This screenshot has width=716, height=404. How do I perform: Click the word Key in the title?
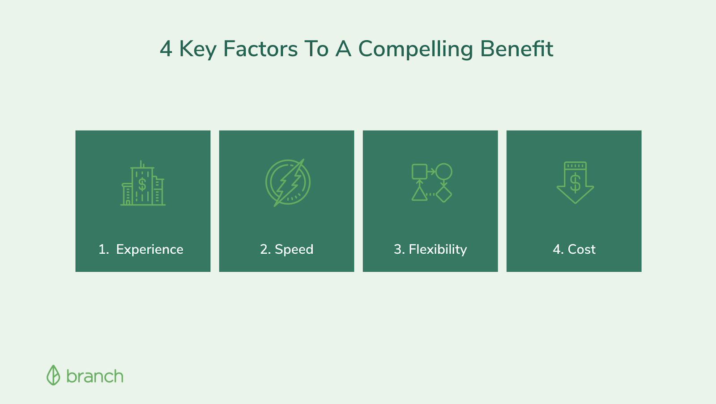[198, 50]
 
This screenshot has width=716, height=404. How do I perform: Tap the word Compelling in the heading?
[415, 50]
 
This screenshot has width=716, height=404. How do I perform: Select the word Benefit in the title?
[516, 49]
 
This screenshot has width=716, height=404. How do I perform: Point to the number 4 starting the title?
[166, 49]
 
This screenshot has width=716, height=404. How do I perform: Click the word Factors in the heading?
[260, 49]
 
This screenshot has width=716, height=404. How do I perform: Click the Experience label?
[149, 249]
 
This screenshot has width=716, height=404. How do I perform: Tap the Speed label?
[294, 249]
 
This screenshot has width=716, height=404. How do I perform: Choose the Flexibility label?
[438, 249]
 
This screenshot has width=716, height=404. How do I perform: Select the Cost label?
[581, 249]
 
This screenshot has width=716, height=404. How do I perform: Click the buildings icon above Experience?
[143, 183]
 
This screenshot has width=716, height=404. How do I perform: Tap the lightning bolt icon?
[288, 183]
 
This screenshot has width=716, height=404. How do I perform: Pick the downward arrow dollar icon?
[575, 182]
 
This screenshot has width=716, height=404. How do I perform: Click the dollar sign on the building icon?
[142, 185]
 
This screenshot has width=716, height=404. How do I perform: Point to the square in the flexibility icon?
[419, 172]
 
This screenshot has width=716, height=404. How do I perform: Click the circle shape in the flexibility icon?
[444, 172]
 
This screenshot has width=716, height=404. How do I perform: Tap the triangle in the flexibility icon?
[419, 194]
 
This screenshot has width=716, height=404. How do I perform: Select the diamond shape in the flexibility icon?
[444, 194]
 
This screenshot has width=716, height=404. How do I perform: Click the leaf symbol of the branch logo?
[53, 375]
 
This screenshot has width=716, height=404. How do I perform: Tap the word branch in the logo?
[94, 376]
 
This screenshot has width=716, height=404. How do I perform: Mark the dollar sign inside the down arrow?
[575, 183]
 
